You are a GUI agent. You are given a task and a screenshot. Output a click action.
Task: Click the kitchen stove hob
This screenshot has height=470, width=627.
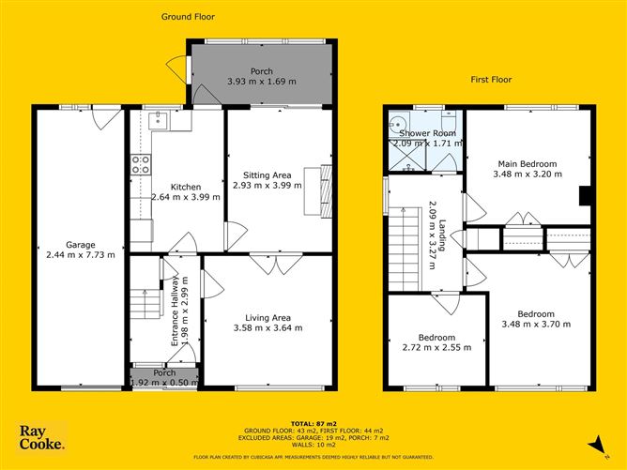click(141, 165)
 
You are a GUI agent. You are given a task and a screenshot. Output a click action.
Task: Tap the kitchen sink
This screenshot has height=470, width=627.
click(159, 120)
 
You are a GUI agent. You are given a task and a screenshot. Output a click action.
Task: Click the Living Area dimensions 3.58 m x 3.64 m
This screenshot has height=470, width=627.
click(268, 328)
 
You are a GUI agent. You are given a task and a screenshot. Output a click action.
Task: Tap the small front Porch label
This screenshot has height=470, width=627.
click(164, 372)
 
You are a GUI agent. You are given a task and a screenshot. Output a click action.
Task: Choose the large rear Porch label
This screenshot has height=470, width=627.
click(261, 72)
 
